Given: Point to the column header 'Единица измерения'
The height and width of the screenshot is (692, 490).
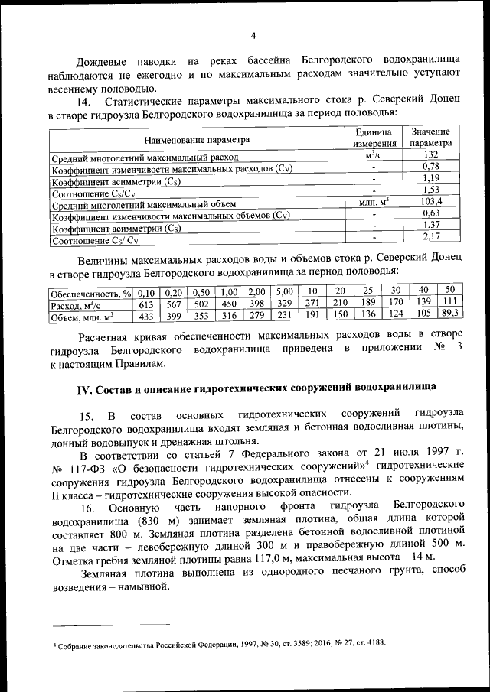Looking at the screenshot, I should [x=374, y=138].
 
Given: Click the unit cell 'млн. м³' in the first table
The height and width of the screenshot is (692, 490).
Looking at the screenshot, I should [x=374, y=203].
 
